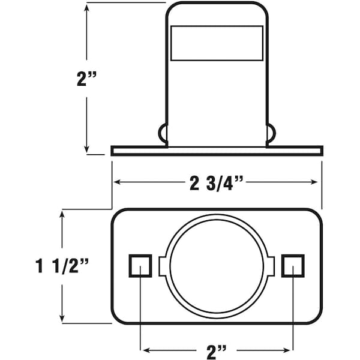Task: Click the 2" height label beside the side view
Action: point(87,79)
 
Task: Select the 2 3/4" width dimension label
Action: point(216,183)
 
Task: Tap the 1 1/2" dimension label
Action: point(62,266)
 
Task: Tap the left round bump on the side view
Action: point(163,133)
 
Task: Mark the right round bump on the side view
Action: point(271,133)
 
